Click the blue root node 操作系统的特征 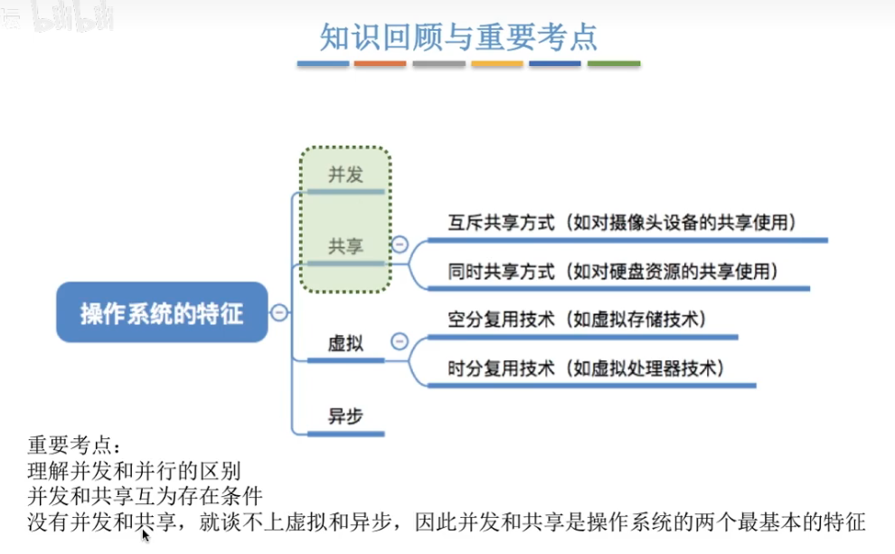[162, 313]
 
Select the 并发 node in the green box [345, 175]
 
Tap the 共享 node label [345, 246]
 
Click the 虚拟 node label [345, 344]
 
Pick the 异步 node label [345, 416]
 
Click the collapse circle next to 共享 [399, 244]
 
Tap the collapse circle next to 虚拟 [399, 342]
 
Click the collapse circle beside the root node [279, 313]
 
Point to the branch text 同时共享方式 [501, 271]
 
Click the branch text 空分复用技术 [501, 320]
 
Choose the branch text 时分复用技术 [501, 368]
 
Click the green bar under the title [614, 64]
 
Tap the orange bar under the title [380, 64]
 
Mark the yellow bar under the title [497, 64]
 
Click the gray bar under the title [438, 64]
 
